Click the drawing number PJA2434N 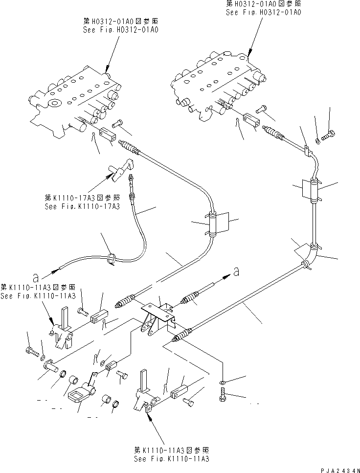(337, 469)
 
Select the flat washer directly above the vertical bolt (223, 381)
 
